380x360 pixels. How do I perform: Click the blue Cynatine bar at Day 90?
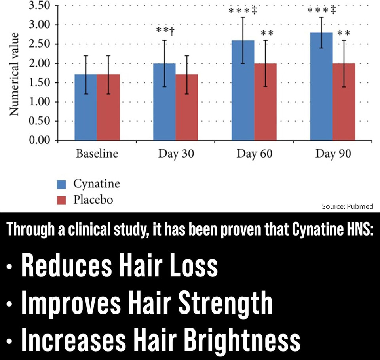(321, 87)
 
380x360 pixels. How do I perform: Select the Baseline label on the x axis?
(97, 154)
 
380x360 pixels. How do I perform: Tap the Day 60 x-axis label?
(254, 154)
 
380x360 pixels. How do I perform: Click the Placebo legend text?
(93, 200)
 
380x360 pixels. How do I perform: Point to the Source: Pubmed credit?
(348, 206)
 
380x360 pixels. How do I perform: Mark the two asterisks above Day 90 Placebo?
(343, 32)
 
